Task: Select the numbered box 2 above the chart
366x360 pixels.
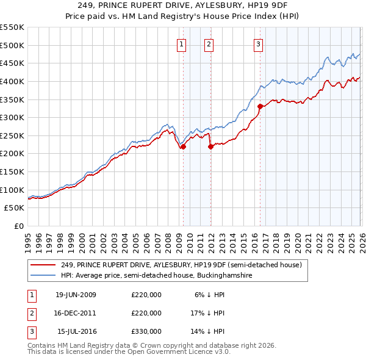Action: (x=209, y=43)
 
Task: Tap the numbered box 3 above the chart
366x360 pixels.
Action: (x=258, y=43)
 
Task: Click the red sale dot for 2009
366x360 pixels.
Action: (x=183, y=146)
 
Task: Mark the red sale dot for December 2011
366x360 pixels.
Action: (x=210, y=146)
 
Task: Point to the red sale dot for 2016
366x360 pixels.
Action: (x=260, y=106)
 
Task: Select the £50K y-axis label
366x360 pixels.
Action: (x=15, y=208)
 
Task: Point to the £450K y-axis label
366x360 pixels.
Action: (x=12, y=63)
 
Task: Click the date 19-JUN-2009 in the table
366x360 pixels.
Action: (x=76, y=295)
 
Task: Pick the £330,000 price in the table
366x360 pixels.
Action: (x=146, y=331)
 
